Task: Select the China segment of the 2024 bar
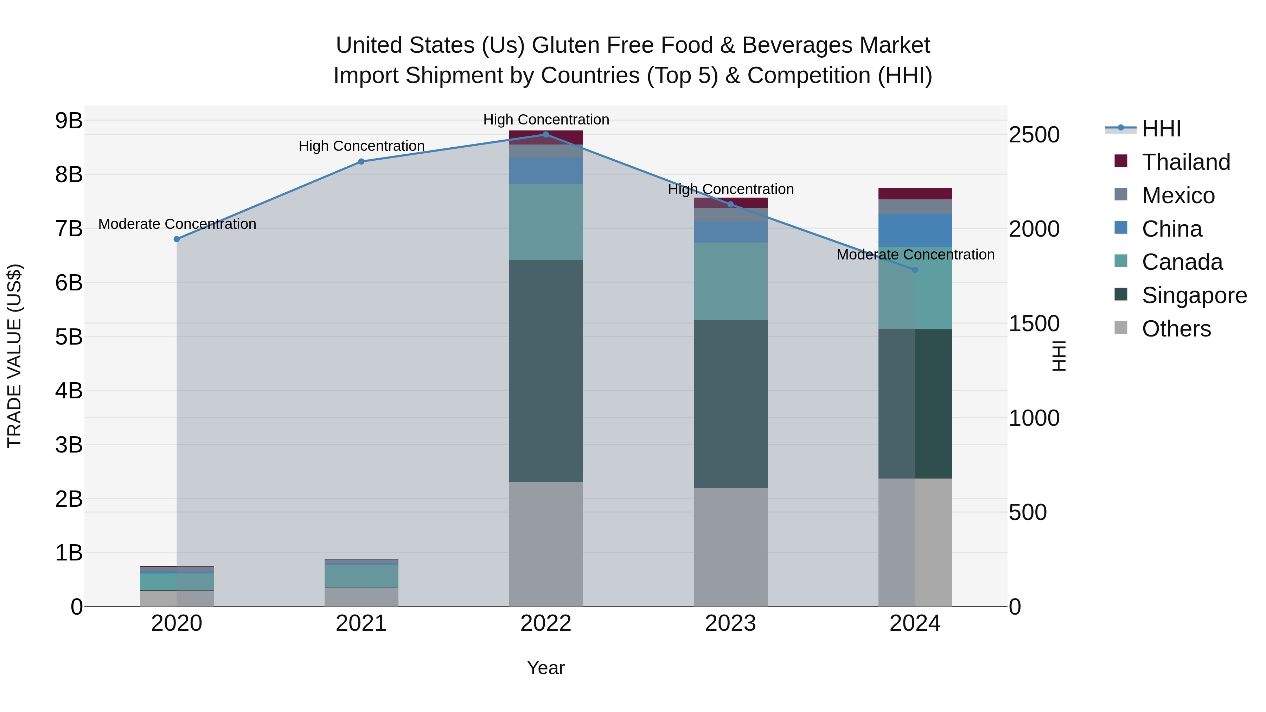915,230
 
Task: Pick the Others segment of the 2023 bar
730,546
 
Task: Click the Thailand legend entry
1186,162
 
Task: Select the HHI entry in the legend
1161,129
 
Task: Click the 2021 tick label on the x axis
361,623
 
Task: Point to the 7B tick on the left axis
69,229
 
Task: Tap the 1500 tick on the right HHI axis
1034,323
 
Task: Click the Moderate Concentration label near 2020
177,224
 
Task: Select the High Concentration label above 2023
730,189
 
